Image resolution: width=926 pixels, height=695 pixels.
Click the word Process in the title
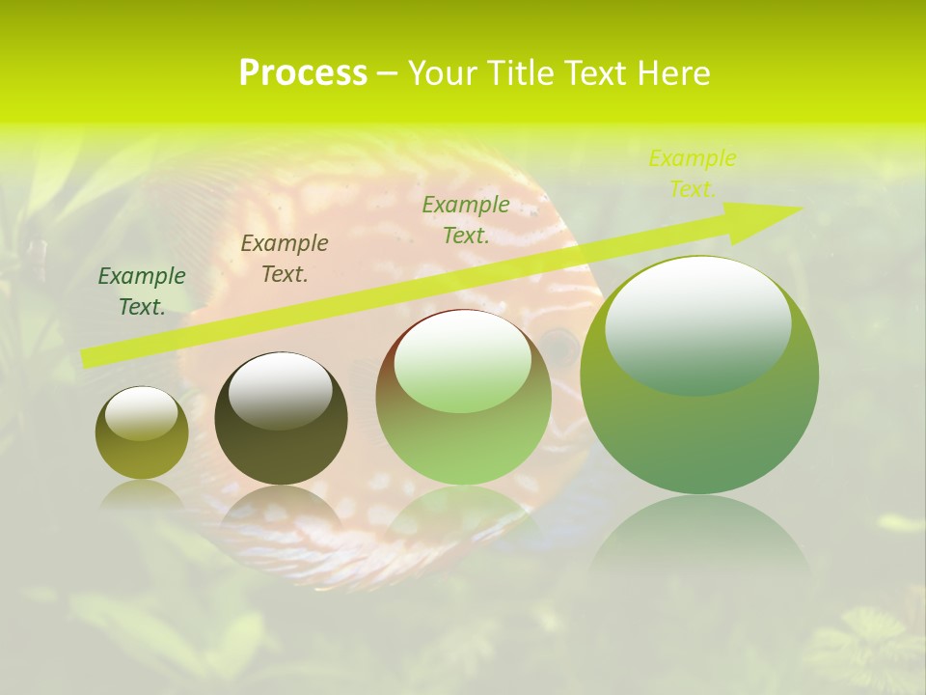coord(303,73)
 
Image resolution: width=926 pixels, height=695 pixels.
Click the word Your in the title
coord(438,73)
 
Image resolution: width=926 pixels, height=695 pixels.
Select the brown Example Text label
coord(284,259)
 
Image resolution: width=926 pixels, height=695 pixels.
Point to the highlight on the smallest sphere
coord(141,413)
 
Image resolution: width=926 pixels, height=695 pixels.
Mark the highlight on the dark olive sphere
coord(280,389)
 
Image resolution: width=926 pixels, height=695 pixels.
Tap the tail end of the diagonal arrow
coord(89,358)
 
